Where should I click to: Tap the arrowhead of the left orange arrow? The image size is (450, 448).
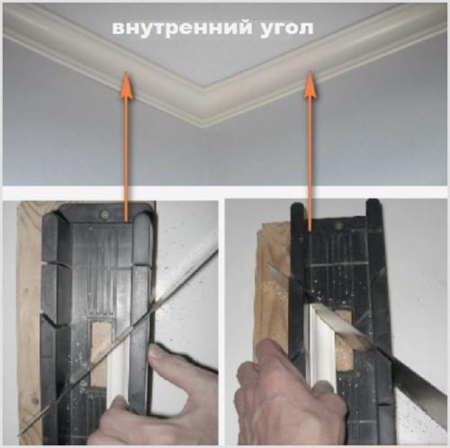click(x=126, y=85)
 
